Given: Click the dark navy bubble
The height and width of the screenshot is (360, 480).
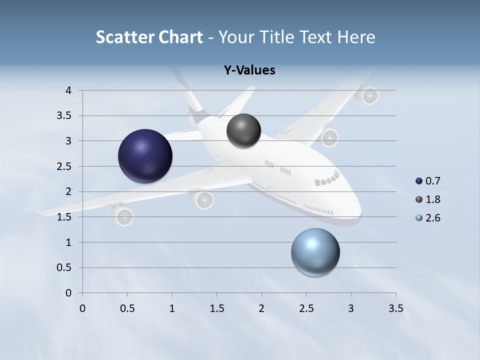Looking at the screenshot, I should (x=145, y=155).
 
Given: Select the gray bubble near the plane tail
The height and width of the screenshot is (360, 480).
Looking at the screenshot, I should (x=243, y=130).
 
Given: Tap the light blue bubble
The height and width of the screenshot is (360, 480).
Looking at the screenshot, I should (x=315, y=252).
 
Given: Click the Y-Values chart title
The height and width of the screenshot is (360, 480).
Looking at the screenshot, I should (x=249, y=70).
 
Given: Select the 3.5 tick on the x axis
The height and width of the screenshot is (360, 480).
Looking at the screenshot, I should (x=395, y=308).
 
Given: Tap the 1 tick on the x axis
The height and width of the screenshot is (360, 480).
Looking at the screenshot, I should (x=172, y=308).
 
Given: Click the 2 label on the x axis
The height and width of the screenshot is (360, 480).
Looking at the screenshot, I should (x=261, y=308).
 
